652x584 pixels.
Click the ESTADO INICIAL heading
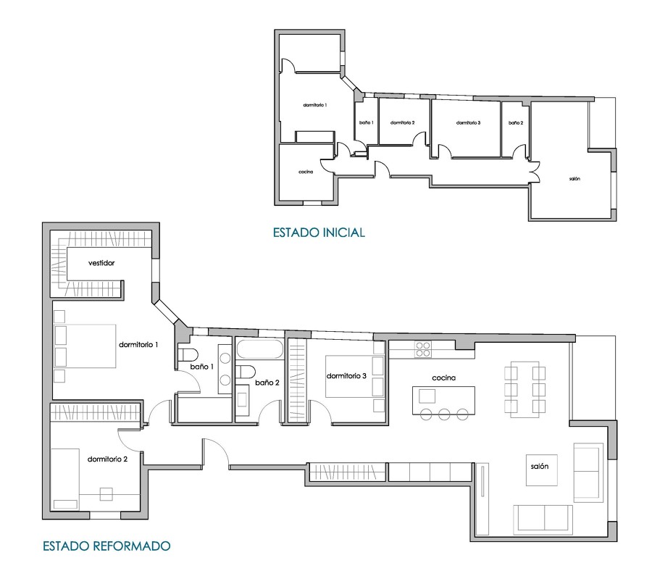tap(319, 232)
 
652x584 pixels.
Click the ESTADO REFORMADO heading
tap(107, 546)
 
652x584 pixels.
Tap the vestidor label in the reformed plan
tap(101, 263)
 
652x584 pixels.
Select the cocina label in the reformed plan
tap(443, 377)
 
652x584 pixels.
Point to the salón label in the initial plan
tap(574, 179)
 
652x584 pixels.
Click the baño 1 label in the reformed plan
tap(201, 367)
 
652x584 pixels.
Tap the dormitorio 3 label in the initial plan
tap(468, 122)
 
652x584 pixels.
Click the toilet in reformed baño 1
tap(188, 355)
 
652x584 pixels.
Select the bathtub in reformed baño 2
tap(260, 349)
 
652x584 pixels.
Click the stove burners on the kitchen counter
tap(423, 349)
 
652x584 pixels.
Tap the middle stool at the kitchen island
tap(444, 414)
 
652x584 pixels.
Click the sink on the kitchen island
tap(427, 396)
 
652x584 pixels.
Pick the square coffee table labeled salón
tap(541, 470)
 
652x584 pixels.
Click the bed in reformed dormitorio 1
tap(85, 346)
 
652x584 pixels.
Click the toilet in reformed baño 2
tap(246, 371)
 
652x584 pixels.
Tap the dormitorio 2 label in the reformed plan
tap(107, 459)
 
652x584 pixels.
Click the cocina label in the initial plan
tap(306, 172)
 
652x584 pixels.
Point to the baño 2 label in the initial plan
tap(516, 122)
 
